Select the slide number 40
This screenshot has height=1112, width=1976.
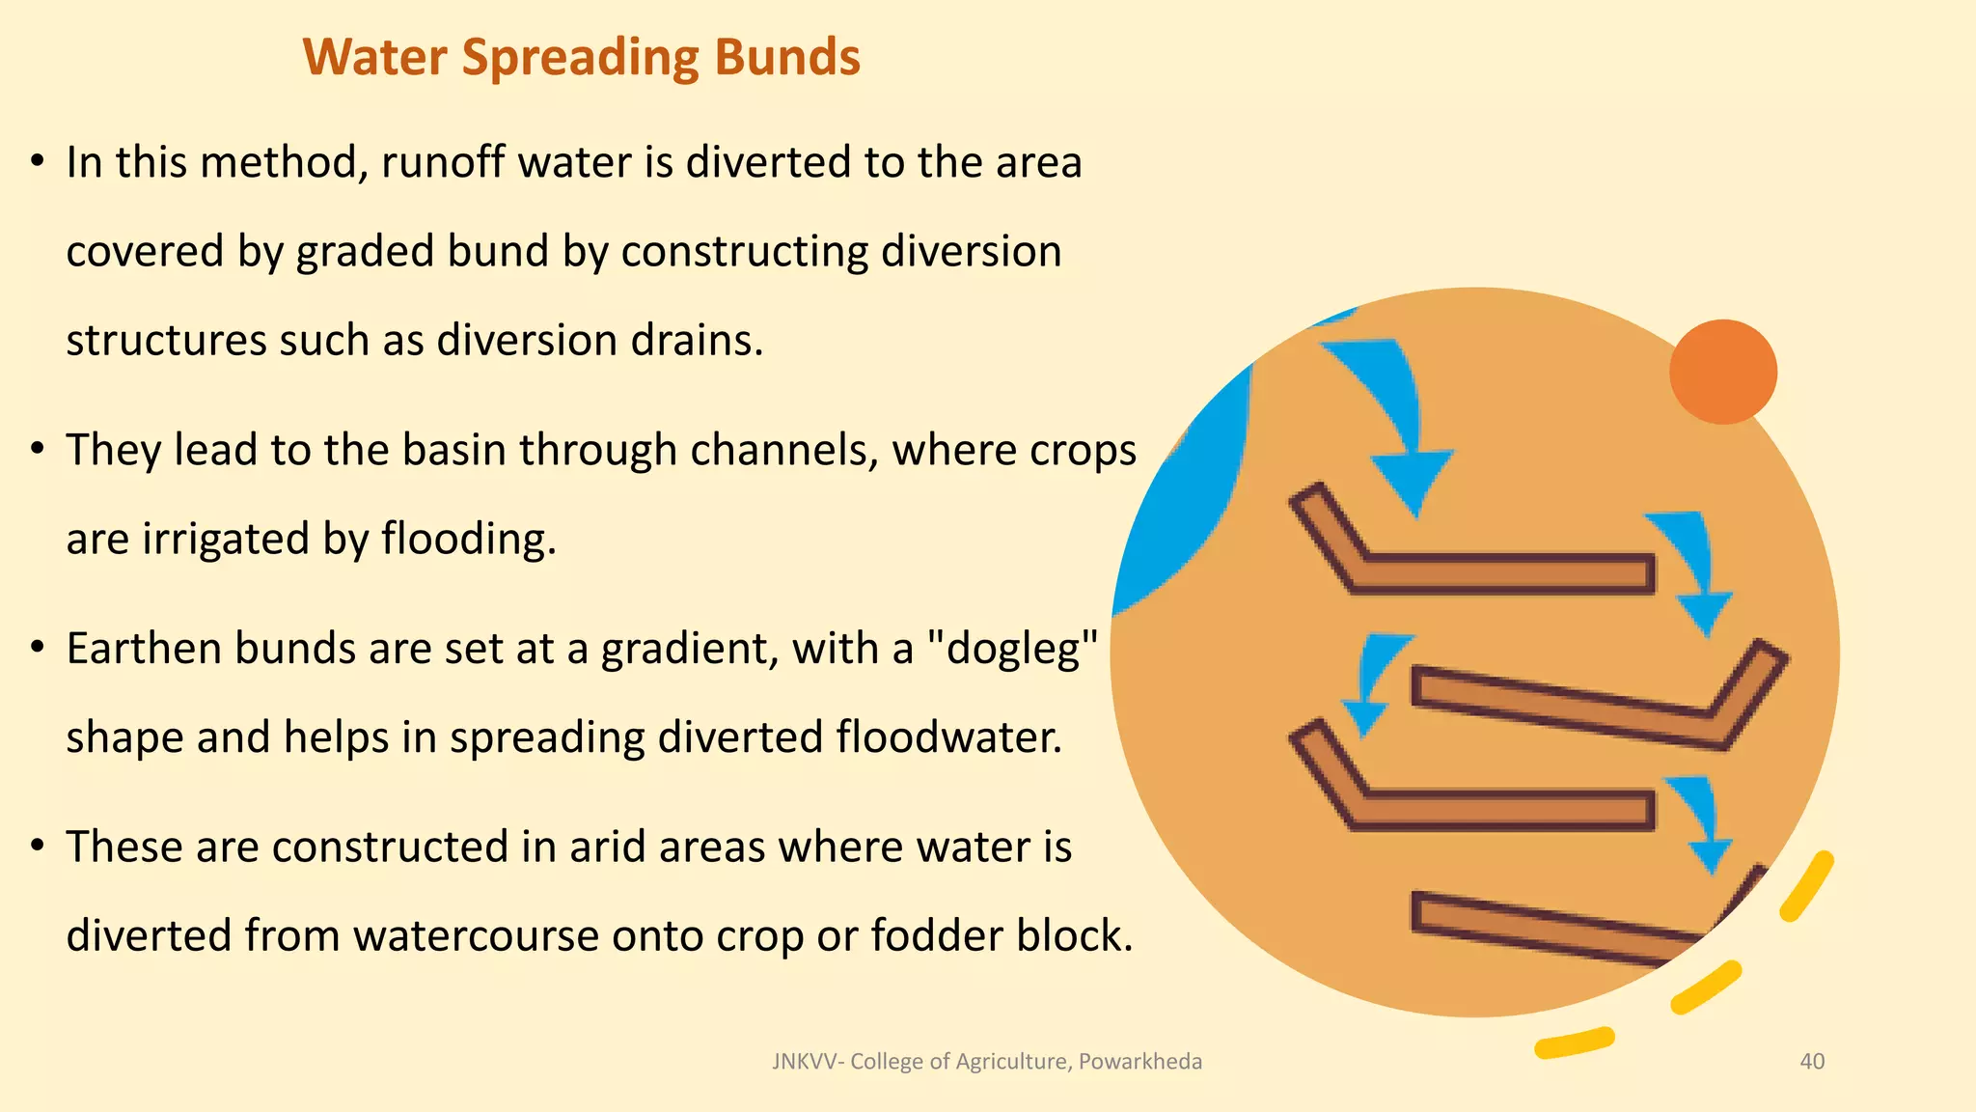(1812, 1062)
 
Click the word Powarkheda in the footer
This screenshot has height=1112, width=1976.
(1140, 1062)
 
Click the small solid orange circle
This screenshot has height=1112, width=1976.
(1723, 372)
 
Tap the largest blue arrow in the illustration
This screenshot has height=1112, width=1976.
(1389, 415)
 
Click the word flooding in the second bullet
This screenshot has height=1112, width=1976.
(469, 539)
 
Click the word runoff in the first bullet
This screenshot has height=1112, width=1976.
(444, 162)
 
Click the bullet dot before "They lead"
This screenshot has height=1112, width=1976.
(37, 450)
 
